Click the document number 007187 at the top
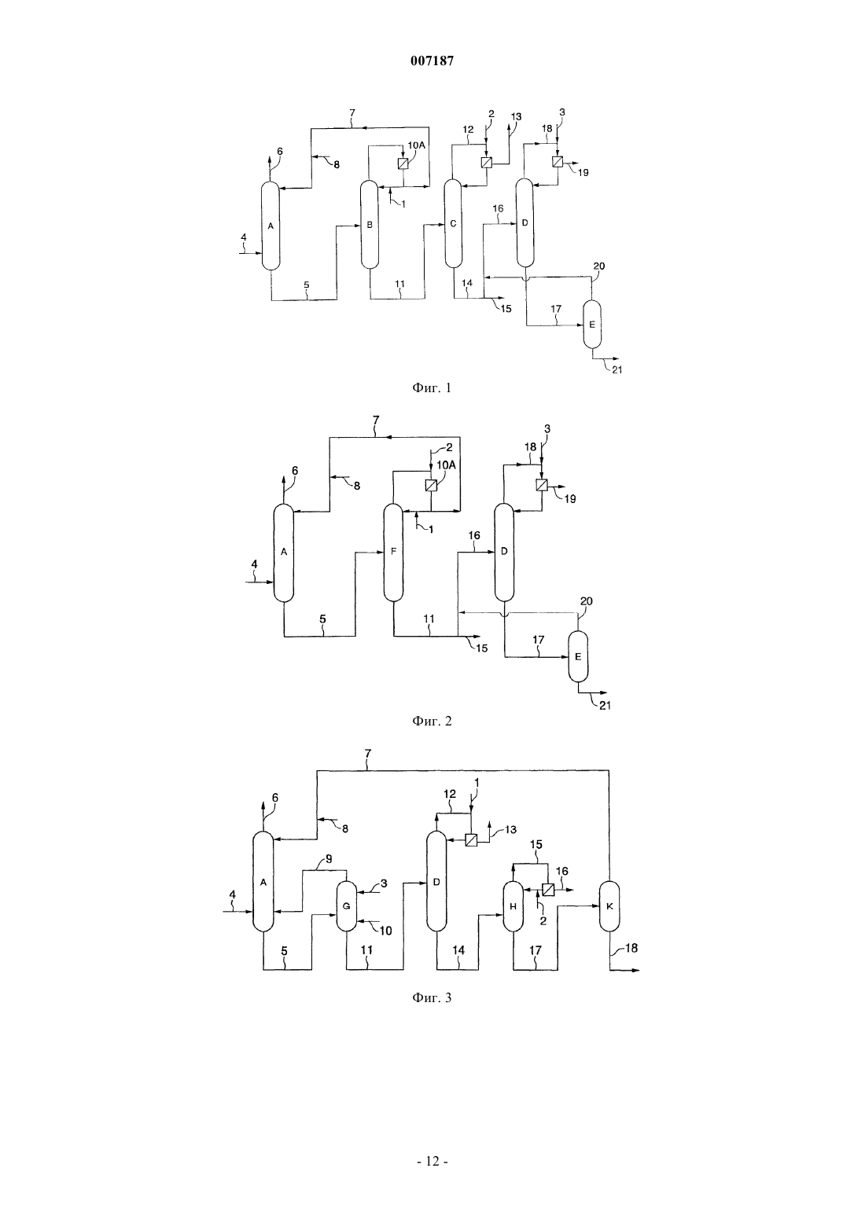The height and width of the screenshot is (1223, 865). tap(432, 61)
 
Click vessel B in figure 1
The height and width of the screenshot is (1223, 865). tap(370, 224)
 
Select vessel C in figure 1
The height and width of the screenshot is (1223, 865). tap(453, 223)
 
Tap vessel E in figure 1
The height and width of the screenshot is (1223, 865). tap(592, 324)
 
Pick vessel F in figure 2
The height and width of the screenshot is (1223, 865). tap(393, 552)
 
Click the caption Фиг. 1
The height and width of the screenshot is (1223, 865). tap(432, 388)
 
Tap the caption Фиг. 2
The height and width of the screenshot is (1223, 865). tap(432, 722)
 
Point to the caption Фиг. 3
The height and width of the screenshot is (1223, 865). tap(432, 998)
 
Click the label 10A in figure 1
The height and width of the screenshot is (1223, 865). tap(416, 145)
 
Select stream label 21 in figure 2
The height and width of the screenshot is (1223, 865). tap(605, 705)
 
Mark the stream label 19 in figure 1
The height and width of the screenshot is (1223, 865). tap(583, 173)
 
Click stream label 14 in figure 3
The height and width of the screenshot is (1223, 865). tap(458, 950)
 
